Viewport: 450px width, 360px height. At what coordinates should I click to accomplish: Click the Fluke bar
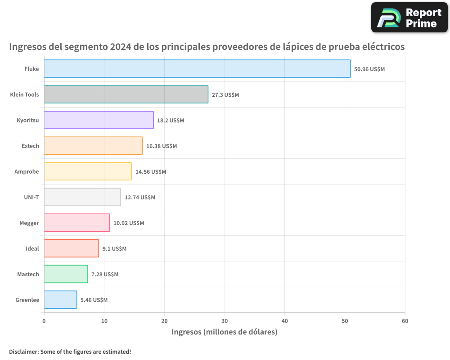[x=197, y=69]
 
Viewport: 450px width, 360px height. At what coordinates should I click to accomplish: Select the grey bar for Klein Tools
[x=126, y=94]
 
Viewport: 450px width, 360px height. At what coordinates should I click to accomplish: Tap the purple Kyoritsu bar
[x=99, y=120]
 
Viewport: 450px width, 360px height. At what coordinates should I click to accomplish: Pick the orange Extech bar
[x=93, y=146]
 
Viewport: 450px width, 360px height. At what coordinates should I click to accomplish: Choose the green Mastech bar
[x=66, y=274]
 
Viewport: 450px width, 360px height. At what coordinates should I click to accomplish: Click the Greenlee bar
[x=60, y=300]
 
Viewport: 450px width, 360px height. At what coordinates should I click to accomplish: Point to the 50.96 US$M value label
[x=369, y=69]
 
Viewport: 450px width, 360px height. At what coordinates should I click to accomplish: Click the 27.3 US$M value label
[x=225, y=95]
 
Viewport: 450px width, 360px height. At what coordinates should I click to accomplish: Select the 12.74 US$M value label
[x=139, y=197]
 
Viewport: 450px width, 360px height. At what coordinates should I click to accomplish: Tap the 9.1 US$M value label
[x=114, y=248]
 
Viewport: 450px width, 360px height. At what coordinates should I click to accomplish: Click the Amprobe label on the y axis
[x=27, y=171]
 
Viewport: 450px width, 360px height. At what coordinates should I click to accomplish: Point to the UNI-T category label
[x=31, y=197]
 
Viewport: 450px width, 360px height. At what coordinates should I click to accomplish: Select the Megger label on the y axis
[x=29, y=223]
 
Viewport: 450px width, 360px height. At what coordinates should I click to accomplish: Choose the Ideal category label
[x=32, y=248]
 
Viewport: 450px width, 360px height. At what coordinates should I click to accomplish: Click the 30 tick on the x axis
[x=225, y=321]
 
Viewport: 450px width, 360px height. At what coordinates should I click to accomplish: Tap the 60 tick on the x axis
[x=405, y=321]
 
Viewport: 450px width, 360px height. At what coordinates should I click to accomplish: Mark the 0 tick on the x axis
[x=44, y=321]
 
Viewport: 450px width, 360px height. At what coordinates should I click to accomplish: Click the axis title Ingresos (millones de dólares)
[x=225, y=332]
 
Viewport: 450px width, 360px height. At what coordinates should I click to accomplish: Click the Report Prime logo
[x=409, y=17]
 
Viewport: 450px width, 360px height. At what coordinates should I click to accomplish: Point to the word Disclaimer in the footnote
[x=23, y=351]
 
